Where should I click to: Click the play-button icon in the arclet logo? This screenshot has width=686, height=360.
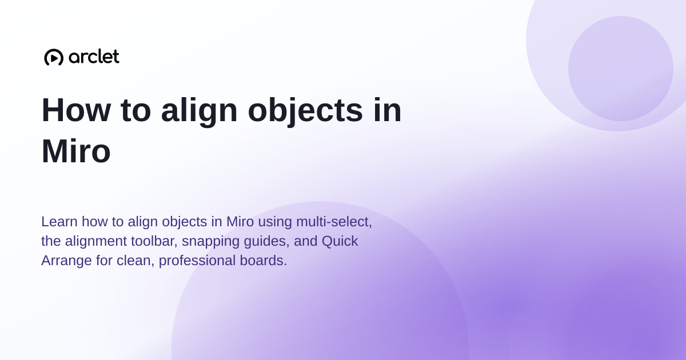(x=54, y=57)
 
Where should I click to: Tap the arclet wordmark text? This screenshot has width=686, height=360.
(x=94, y=57)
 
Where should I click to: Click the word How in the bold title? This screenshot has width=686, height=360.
(x=76, y=110)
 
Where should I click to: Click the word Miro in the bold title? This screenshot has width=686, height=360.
(x=76, y=151)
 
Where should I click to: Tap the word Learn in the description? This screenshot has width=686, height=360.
(x=59, y=221)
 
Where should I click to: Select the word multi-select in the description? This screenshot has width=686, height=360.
(x=334, y=222)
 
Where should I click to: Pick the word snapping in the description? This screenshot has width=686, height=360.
(x=211, y=242)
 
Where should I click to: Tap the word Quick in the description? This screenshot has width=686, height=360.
(x=340, y=241)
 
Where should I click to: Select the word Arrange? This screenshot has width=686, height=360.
(x=66, y=261)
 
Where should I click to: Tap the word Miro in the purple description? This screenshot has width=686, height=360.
(x=240, y=221)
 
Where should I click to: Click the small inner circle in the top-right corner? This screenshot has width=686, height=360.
(x=621, y=69)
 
